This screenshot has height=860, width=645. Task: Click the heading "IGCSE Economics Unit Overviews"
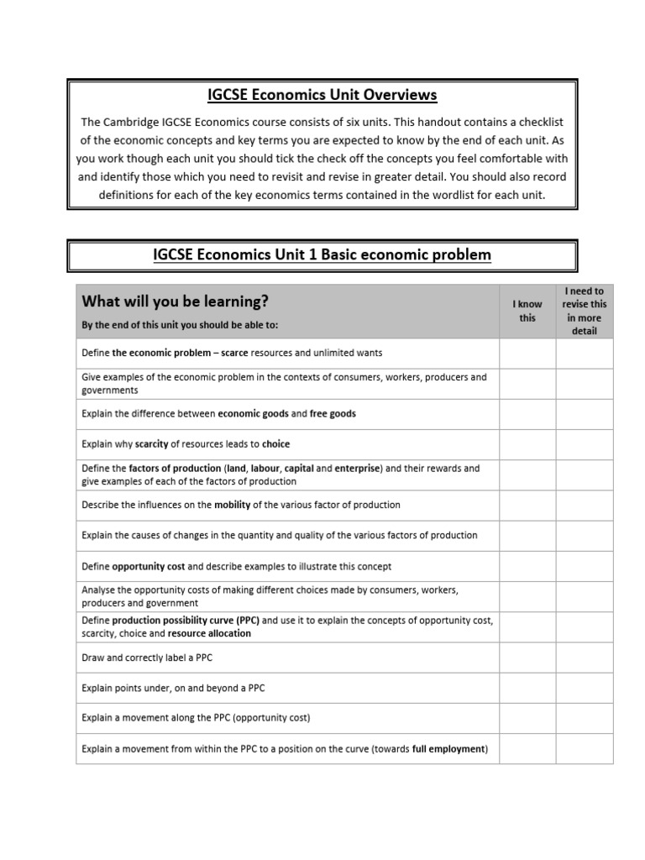click(x=322, y=95)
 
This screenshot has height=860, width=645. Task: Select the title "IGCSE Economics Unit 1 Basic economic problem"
click(x=322, y=254)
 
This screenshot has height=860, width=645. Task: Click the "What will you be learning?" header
click(x=176, y=301)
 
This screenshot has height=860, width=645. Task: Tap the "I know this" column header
click(x=527, y=311)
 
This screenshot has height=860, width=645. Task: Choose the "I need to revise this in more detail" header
click(x=584, y=311)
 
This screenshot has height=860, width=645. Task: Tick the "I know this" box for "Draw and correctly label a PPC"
click(x=527, y=658)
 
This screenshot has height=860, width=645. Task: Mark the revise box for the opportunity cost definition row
click(x=584, y=566)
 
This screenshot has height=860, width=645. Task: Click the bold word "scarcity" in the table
click(x=152, y=444)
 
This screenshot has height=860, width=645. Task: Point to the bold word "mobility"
click(x=233, y=505)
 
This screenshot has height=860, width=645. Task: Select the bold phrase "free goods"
click(x=333, y=414)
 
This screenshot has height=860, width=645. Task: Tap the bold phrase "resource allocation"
click(x=210, y=633)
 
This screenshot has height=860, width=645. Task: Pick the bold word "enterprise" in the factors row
click(x=358, y=468)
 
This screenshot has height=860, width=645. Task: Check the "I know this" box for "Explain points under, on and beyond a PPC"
click(x=527, y=688)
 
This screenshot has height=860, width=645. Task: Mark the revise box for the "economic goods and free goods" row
click(x=584, y=414)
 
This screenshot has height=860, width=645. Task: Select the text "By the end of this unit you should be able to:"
click(x=180, y=325)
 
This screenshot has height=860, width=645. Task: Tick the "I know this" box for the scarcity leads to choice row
click(x=527, y=444)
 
